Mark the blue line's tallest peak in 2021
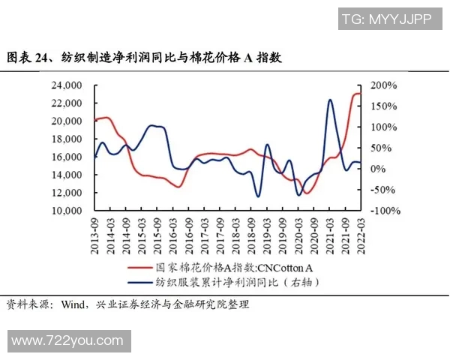330,100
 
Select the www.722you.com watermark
67,340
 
